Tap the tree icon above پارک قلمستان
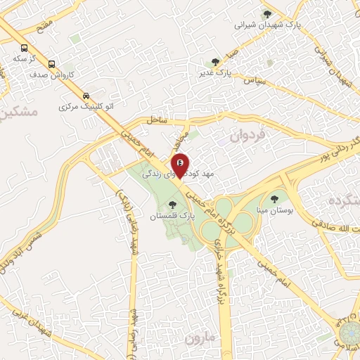(x=173, y=205)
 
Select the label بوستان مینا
(x=280, y=210)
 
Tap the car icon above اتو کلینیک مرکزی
(x=86, y=96)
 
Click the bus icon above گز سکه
(x=25, y=48)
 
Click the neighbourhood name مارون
(x=202, y=338)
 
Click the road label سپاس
(x=254, y=82)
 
